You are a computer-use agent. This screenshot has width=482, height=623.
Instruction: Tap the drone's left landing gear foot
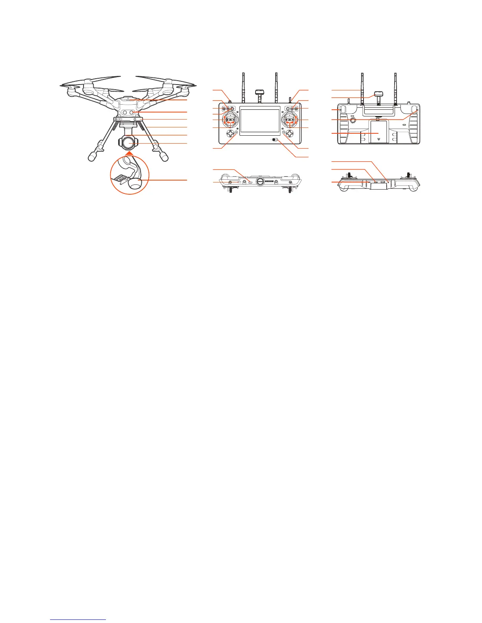click(x=93, y=157)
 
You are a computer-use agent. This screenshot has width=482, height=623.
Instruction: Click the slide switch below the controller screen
click(x=275, y=140)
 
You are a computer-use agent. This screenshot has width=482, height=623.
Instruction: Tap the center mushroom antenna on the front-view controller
click(x=260, y=93)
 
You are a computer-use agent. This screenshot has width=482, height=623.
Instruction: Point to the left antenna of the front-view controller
click(x=243, y=87)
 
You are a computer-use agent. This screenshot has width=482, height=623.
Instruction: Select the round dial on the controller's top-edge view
click(x=260, y=181)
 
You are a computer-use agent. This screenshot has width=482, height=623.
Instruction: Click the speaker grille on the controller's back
click(x=353, y=119)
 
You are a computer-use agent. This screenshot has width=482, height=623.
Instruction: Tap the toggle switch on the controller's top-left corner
click(x=230, y=95)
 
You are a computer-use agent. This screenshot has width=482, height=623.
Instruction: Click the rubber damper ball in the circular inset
click(x=134, y=183)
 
